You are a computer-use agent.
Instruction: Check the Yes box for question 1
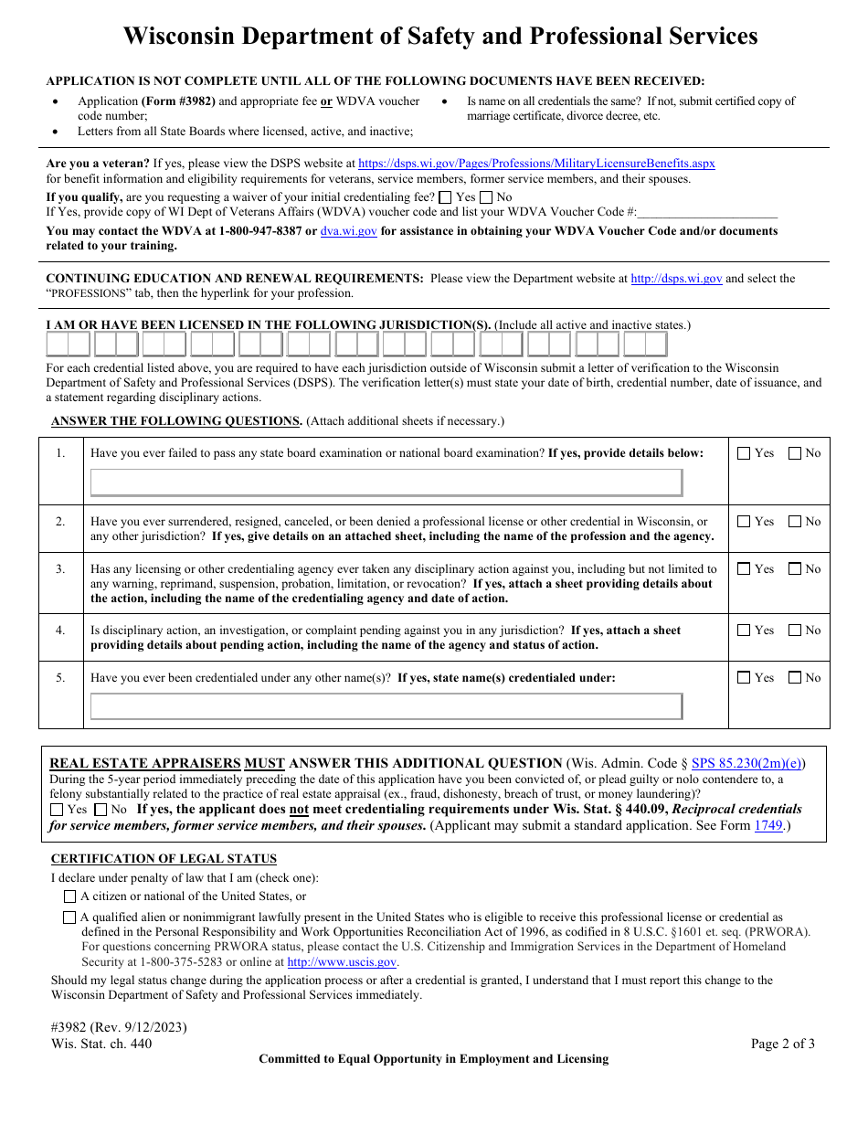(744, 453)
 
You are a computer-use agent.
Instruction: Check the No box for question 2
(795, 522)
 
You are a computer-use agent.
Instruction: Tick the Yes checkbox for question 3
(744, 569)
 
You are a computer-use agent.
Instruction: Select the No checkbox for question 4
(795, 631)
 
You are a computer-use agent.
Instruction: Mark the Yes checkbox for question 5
(744, 678)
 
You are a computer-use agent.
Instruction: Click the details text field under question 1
(386, 482)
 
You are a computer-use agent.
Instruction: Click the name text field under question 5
(386, 706)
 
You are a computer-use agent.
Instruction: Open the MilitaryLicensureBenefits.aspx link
(536, 164)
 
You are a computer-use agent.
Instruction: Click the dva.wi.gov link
(348, 231)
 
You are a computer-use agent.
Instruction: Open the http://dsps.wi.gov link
(676, 279)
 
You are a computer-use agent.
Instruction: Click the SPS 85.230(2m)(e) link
(747, 763)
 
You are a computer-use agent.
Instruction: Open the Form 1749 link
(767, 825)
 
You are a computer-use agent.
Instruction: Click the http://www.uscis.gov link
(342, 962)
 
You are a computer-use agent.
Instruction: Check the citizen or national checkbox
(70, 896)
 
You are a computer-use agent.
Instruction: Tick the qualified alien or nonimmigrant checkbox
(69, 917)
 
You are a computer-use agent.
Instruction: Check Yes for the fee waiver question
(445, 197)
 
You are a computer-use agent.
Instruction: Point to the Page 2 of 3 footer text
(782, 1044)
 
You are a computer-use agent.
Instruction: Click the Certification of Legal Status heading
(164, 859)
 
